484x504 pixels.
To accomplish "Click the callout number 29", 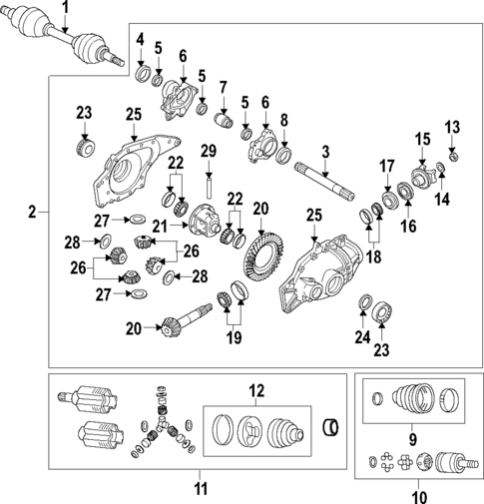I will coord(209,151).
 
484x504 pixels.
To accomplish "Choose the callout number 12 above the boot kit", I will coord(255,389).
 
